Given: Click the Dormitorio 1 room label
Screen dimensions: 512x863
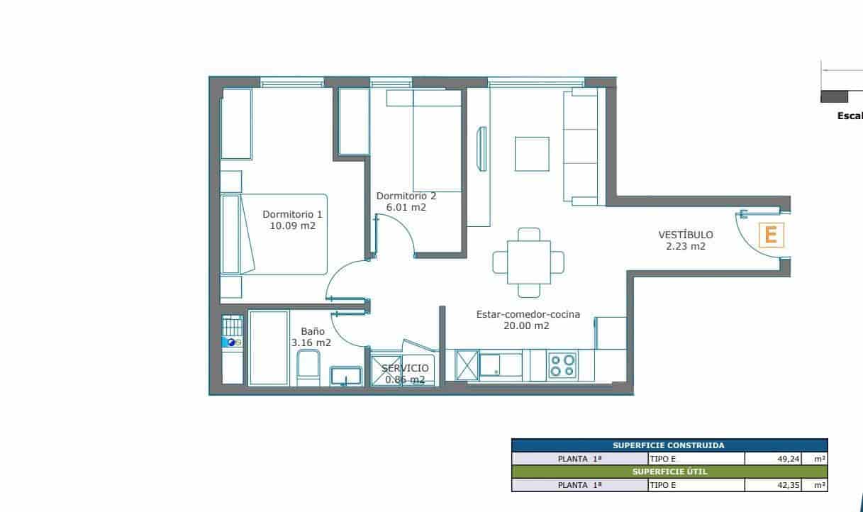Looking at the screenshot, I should [292, 213].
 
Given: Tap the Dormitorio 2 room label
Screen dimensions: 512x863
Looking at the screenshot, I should [406, 196].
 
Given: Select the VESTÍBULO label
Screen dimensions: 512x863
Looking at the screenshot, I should [685, 235].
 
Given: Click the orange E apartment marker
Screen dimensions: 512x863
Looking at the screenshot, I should [772, 234].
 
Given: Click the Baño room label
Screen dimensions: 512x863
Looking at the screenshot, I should [312, 330].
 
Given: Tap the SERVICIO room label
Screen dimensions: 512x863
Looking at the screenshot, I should [405, 368].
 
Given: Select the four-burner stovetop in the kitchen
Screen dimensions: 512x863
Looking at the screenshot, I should [562, 365].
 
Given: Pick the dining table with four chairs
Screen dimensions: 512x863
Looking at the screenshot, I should [528, 262].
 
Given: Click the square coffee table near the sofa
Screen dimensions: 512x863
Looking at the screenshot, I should [532, 154].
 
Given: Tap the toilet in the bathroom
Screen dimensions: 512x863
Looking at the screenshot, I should [308, 369].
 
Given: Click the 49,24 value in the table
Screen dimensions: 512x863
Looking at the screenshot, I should [789, 459].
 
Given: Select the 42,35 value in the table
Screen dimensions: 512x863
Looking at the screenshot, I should [789, 485].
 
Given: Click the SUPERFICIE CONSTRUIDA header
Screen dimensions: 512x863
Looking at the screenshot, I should [669, 445].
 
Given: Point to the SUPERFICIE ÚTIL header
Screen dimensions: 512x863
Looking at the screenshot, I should [669, 472].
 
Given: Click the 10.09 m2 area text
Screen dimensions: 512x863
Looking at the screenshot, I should [292, 226].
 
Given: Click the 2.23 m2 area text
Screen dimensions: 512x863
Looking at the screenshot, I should [685, 247].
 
